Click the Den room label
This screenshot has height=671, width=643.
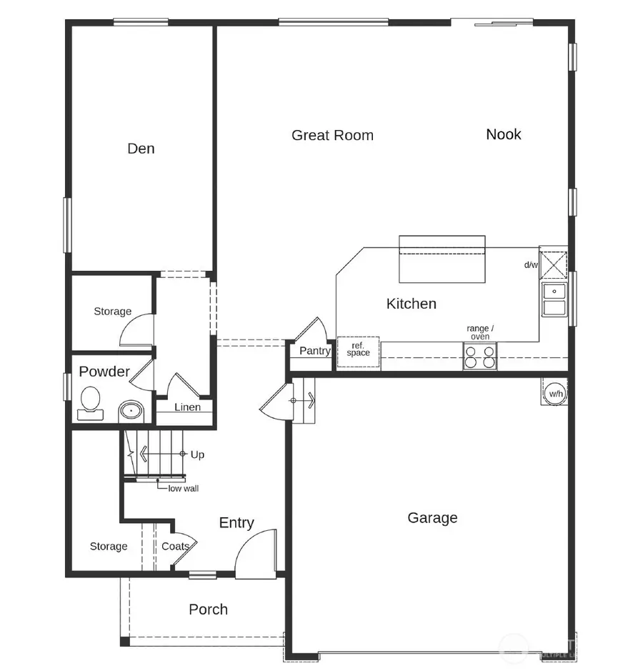click(141, 149)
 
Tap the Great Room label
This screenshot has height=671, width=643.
click(332, 135)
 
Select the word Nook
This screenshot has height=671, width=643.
click(504, 134)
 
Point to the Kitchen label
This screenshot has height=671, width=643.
click(411, 304)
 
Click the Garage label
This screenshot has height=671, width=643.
click(432, 518)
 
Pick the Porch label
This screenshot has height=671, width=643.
click(208, 610)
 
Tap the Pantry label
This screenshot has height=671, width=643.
click(315, 351)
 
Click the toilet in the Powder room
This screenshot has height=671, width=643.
click(91, 401)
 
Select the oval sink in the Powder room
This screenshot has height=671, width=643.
click(130, 411)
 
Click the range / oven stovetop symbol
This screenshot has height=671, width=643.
click(480, 356)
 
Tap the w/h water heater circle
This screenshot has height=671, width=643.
click(555, 392)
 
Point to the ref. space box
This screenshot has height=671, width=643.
click(358, 350)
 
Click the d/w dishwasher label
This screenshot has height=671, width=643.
click(531, 265)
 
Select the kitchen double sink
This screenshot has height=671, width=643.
click(554, 299)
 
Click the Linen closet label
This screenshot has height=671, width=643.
click(188, 407)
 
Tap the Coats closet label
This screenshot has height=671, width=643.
click(175, 547)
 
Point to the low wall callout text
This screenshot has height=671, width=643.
click(184, 489)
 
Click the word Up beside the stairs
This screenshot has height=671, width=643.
click(197, 454)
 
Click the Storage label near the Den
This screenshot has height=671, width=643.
click(113, 312)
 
